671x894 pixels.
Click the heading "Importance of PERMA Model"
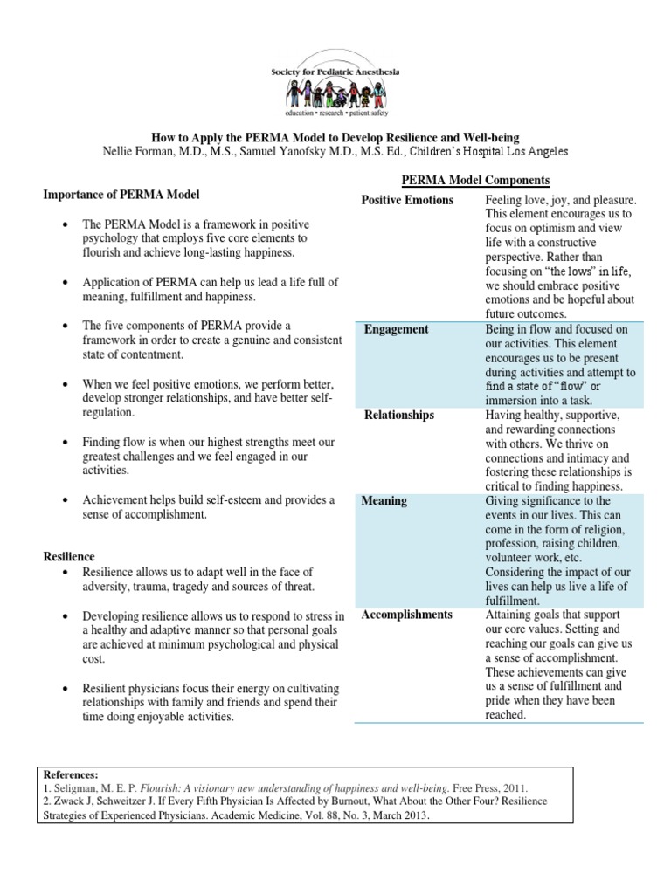coord(127,194)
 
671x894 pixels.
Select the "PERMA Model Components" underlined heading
coord(474,180)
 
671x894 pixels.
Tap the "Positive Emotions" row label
coord(407,201)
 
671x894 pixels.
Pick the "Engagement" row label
coord(397,329)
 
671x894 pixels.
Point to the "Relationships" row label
coord(399,415)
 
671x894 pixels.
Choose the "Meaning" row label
coord(384,501)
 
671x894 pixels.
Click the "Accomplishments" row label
coord(408,615)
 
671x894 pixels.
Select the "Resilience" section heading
coord(69,556)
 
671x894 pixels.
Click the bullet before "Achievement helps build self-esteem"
coord(66,500)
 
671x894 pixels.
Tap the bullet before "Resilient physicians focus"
coord(66,687)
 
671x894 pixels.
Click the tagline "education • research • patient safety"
coord(335,113)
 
